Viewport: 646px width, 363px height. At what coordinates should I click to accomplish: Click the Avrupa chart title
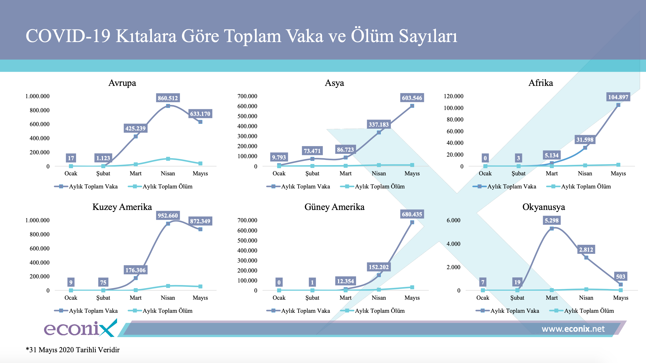[122, 83]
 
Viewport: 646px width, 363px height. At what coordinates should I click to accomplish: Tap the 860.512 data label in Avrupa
[168, 98]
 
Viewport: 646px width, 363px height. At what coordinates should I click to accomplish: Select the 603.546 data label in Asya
[412, 98]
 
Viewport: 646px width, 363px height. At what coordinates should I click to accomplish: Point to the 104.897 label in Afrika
[618, 97]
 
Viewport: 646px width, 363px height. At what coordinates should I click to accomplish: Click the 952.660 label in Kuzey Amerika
[168, 215]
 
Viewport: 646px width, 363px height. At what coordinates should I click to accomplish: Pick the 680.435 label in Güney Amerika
[412, 214]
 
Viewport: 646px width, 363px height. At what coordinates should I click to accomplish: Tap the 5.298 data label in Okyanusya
[551, 220]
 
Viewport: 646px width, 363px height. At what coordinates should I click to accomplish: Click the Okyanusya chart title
[544, 207]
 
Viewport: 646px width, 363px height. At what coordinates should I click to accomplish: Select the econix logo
[80, 328]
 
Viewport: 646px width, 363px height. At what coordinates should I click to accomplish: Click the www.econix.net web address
[573, 329]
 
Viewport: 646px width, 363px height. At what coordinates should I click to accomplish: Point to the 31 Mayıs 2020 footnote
[72, 350]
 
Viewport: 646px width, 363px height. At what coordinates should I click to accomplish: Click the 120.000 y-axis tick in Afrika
[453, 96]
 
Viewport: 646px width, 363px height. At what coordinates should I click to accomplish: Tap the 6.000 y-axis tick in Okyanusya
[453, 220]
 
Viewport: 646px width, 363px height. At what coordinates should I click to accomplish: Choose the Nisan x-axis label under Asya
[379, 173]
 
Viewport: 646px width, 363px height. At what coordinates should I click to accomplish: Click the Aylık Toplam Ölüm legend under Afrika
[578, 186]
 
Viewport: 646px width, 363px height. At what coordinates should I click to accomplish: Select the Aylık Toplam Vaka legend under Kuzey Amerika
[86, 311]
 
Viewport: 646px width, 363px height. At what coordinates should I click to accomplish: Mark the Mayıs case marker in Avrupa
[200, 122]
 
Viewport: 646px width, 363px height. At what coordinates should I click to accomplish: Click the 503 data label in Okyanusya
[620, 276]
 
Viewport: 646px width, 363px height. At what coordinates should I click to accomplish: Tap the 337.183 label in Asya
[379, 124]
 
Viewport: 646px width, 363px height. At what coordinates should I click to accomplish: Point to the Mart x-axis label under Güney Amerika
[345, 298]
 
